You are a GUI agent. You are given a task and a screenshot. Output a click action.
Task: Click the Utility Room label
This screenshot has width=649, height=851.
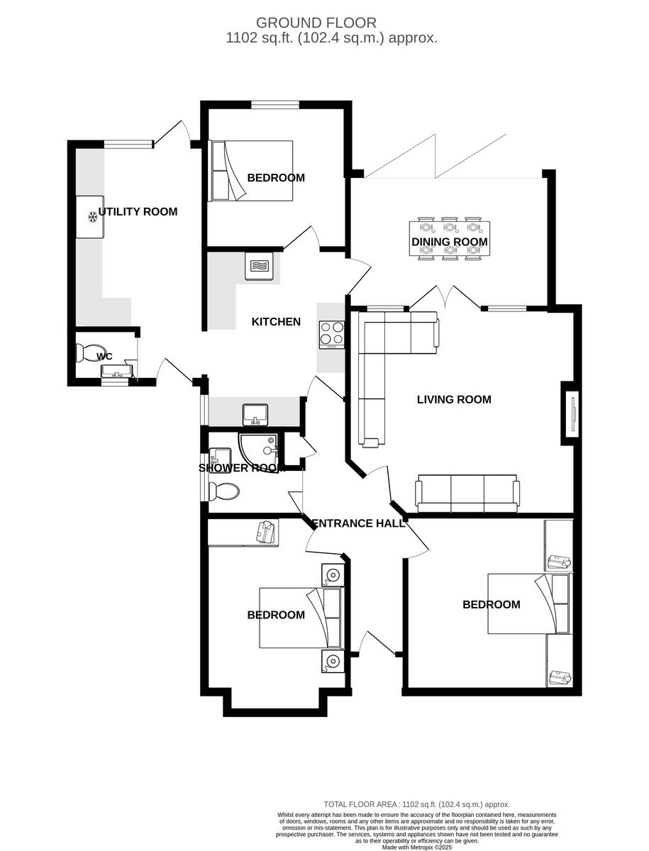138,212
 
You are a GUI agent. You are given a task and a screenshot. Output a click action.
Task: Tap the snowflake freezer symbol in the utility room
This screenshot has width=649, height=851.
92,216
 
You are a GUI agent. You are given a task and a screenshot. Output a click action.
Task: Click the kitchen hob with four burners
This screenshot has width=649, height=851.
332,334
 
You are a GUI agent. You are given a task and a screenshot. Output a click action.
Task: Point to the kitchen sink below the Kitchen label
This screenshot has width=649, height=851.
254,413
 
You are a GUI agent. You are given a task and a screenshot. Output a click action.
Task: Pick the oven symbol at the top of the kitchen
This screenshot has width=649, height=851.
257,267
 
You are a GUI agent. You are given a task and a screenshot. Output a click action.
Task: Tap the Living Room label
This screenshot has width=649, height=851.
454,399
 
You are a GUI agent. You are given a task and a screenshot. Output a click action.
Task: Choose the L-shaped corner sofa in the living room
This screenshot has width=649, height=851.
387,362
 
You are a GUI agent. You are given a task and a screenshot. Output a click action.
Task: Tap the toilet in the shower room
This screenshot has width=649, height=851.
226,491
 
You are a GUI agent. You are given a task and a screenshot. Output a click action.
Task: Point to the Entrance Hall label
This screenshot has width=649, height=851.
359,523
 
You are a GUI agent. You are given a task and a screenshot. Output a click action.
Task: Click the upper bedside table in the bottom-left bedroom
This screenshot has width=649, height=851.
331,574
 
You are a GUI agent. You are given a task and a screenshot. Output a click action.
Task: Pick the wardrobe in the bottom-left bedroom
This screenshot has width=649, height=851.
243,533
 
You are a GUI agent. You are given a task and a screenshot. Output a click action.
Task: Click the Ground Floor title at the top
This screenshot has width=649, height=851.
316,23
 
